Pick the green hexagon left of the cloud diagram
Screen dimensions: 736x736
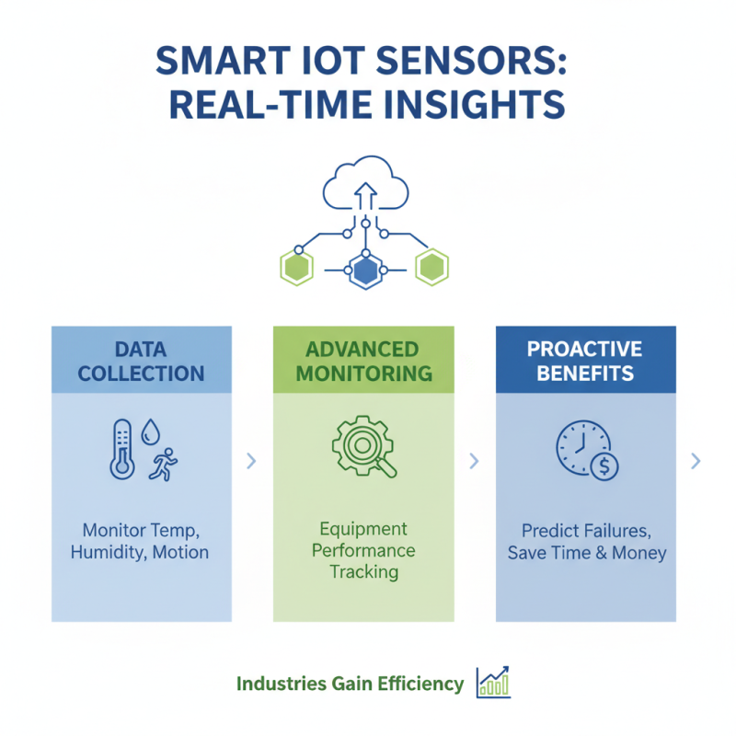(297, 267)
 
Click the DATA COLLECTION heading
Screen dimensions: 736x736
(142, 362)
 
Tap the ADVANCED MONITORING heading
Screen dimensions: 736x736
(362, 362)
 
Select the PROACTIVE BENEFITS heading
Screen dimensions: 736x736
(585, 362)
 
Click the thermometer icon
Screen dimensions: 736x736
(121, 449)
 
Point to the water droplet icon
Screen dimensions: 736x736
(151, 432)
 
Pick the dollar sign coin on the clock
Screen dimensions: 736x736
(604, 466)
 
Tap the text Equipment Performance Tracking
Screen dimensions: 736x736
(362, 550)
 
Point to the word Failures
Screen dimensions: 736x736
(619, 531)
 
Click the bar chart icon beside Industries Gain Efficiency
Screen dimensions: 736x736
(493, 683)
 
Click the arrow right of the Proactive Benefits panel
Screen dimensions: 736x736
(696, 460)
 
